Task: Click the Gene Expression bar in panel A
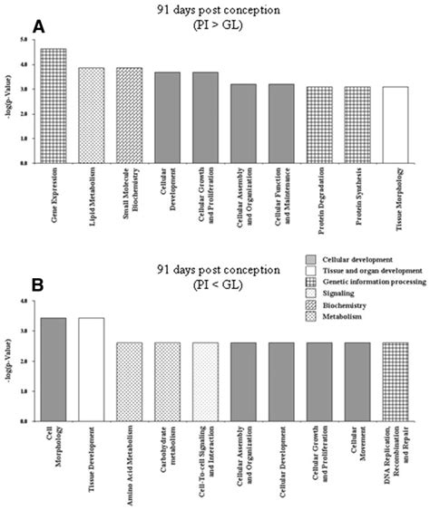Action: [x=54, y=106]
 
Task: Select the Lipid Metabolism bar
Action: [x=92, y=116]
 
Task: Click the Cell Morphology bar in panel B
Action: [x=54, y=369]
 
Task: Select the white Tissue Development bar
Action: [x=92, y=369]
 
